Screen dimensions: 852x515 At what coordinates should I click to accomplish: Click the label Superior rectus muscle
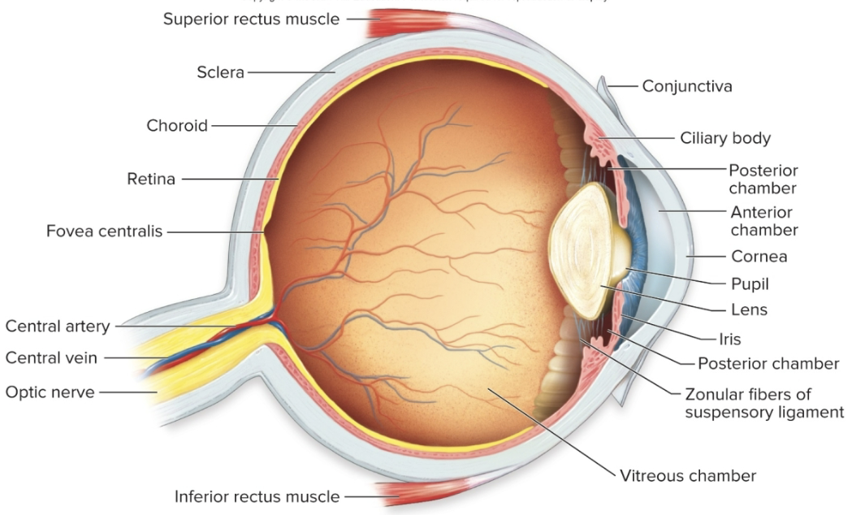tap(251, 19)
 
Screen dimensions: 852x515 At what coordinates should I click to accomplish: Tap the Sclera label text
tap(220, 72)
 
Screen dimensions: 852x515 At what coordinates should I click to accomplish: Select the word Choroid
tap(177, 125)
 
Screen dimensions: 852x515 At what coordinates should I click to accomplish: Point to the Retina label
tap(151, 179)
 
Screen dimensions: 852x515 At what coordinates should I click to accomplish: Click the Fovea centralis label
tap(104, 232)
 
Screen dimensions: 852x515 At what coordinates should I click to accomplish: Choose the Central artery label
tap(57, 327)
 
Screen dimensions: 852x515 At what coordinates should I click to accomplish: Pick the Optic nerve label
tap(50, 392)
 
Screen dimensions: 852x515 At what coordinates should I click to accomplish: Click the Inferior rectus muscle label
tap(257, 496)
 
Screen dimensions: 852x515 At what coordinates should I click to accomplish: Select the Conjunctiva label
tap(687, 85)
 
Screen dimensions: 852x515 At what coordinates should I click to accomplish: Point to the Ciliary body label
tap(725, 138)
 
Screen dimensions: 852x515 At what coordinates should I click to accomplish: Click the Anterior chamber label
tap(763, 221)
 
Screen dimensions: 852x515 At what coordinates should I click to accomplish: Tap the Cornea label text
tap(759, 257)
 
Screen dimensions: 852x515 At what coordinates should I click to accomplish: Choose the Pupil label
tap(750, 283)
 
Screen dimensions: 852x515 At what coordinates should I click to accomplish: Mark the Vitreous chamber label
tap(688, 475)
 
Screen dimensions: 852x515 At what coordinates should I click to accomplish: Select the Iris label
tap(729, 339)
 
